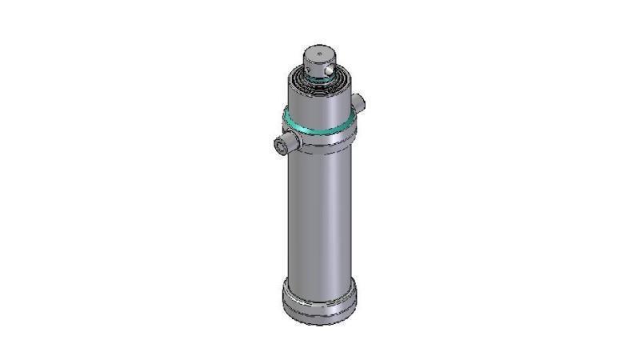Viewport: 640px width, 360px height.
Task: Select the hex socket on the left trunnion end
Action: click(x=277, y=145)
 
